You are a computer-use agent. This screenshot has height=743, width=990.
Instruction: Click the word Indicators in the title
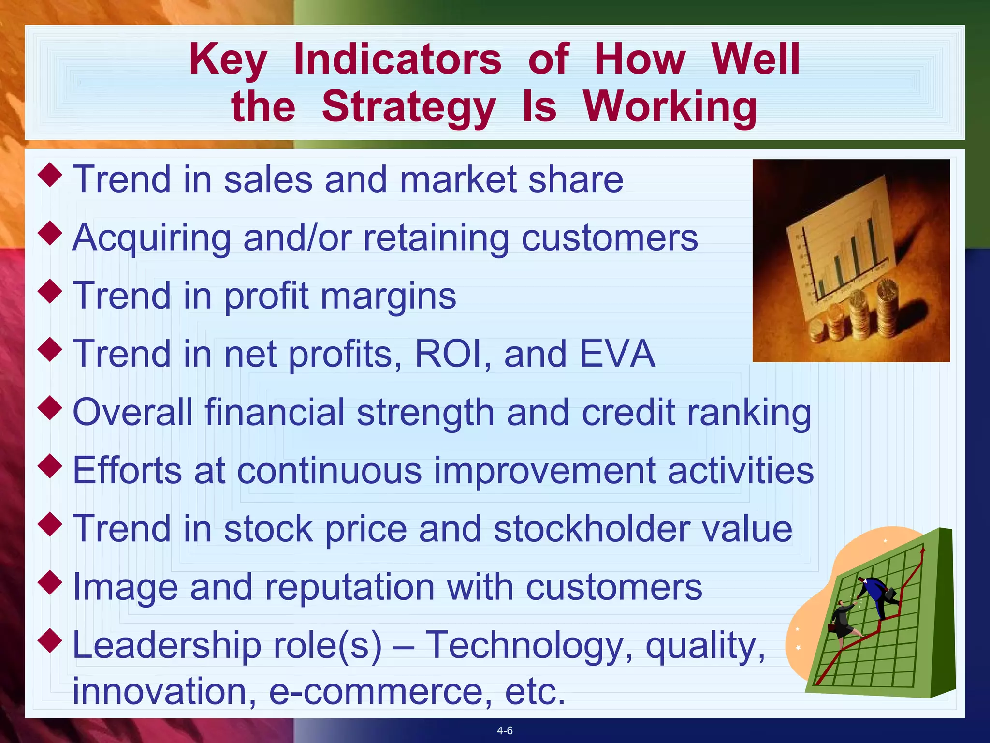(397, 59)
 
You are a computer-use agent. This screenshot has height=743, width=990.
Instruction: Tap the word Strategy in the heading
(408, 107)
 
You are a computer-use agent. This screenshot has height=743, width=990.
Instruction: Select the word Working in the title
(670, 107)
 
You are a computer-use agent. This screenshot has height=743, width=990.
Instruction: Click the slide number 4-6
(505, 731)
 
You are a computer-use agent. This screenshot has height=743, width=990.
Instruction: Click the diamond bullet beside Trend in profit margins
(50, 291)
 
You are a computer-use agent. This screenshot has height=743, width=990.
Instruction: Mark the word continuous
(329, 471)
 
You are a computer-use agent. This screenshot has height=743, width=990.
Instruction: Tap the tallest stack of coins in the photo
(888, 310)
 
